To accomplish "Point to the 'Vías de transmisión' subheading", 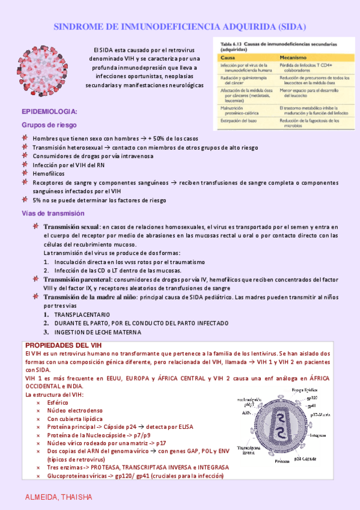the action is point(53,214).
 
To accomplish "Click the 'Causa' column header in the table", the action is point(227,57).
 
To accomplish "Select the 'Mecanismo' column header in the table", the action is point(295,57).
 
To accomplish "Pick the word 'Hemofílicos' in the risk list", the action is point(49,173).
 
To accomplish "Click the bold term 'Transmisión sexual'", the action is point(72,227).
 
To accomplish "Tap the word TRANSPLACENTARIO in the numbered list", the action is point(82,315).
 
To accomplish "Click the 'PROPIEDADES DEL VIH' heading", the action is point(64,345).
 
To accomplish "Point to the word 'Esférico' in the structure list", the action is point(58,402).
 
